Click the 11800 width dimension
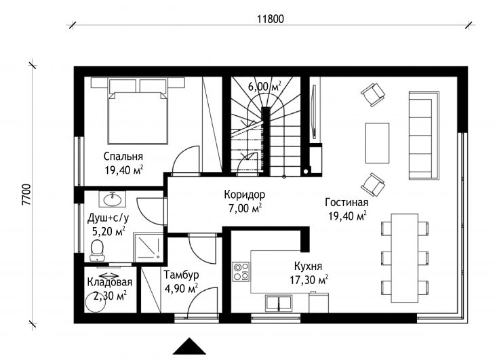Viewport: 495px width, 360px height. coord(271,19)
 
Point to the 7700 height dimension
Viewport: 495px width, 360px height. coord(27,195)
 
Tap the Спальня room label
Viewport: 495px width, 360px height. coord(123,157)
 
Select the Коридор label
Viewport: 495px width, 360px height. coord(244,195)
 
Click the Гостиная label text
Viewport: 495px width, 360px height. coord(346,202)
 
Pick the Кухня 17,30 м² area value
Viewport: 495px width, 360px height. coord(309,280)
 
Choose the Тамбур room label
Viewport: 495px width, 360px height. coord(181,275)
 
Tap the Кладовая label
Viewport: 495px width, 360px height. coord(110,282)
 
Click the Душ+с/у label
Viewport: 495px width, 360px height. coord(108,218)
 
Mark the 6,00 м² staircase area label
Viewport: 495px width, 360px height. coord(264,86)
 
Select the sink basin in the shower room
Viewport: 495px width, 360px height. coord(113,199)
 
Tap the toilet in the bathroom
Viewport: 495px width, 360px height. coord(97,251)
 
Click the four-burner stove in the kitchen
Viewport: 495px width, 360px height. coord(241,272)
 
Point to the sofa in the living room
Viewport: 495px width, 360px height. coord(424,136)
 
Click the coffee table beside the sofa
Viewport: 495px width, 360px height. coord(377,143)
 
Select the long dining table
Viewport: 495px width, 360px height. coord(405,258)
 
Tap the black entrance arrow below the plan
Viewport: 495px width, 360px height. coord(189,346)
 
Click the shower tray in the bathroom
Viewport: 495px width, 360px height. coord(148,247)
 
